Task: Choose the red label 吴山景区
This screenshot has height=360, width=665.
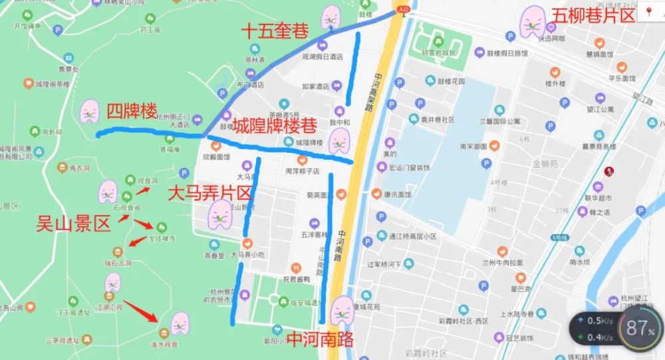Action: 73,224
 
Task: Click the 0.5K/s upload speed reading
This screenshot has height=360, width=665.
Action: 600,321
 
